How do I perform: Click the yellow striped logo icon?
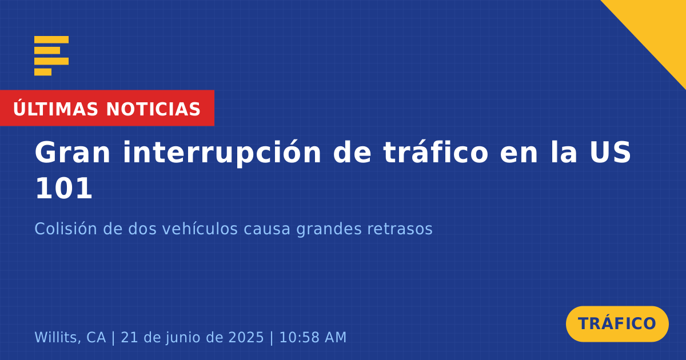pyautogui.click(x=51, y=56)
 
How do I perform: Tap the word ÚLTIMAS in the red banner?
pyautogui.click(x=55, y=109)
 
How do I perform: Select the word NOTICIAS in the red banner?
pyautogui.click(x=153, y=109)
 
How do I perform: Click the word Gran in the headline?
pyautogui.click(x=72, y=153)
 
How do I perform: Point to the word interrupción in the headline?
pyautogui.click(x=222, y=153)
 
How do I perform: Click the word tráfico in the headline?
pyautogui.click(x=436, y=152)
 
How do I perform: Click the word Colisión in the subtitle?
pyautogui.click(x=66, y=229)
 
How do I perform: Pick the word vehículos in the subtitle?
pyautogui.click(x=200, y=229)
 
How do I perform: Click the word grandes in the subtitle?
pyautogui.click(x=329, y=230)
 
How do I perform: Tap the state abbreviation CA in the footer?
pyautogui.click(x=96, y=337)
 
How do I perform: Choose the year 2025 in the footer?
pyautogui.click(x=246, y=337)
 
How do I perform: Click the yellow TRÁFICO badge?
pyautogui.click(x=617, y=324)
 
